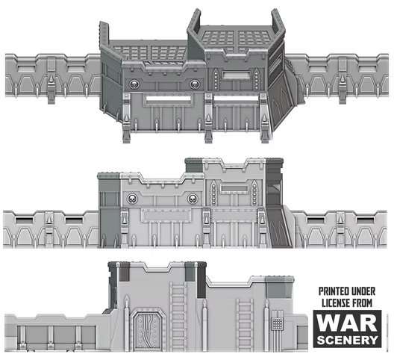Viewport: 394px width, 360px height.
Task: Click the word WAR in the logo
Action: tap(347, 323)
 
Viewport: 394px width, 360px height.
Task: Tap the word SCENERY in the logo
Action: tap(348, 340)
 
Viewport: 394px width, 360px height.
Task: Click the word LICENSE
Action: tap(337, 303)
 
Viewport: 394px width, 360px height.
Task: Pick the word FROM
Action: tap(363, 303)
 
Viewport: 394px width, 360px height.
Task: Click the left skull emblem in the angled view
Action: tap(134, 84)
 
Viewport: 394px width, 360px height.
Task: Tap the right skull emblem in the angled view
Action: tap(194, 84)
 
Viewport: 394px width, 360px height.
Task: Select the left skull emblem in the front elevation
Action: tap(132, 199)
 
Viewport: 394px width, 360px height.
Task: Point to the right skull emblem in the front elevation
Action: tap(193, 199)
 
